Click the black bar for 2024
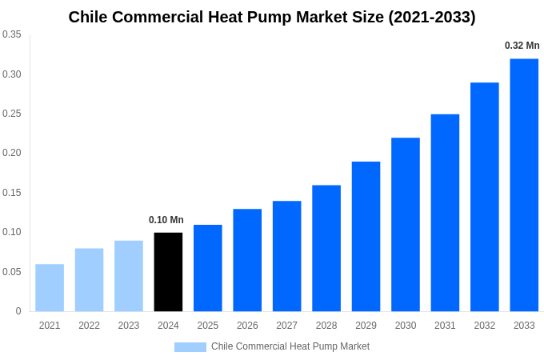click(168, 272)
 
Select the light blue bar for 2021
click(50, 288)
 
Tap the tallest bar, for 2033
click(524, 185)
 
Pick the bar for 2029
click(366, 237)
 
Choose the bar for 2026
click(247, 260)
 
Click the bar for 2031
click(445, 213)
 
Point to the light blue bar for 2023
click(129, 276)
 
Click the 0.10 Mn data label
click(166, 220)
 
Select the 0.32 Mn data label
click(522, 46)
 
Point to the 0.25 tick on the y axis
click(12, 114)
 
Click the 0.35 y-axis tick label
click(12, 34)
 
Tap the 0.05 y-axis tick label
click(12, 272)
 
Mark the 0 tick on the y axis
click(18, 311)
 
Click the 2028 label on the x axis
click(326, 326)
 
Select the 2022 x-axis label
click(90, 326)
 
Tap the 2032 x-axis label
click(484, 326)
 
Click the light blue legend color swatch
click(190, 347)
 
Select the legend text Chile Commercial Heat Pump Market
click(290, 346)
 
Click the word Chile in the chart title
click(89, 17)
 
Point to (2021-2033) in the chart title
click(431, 17)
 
